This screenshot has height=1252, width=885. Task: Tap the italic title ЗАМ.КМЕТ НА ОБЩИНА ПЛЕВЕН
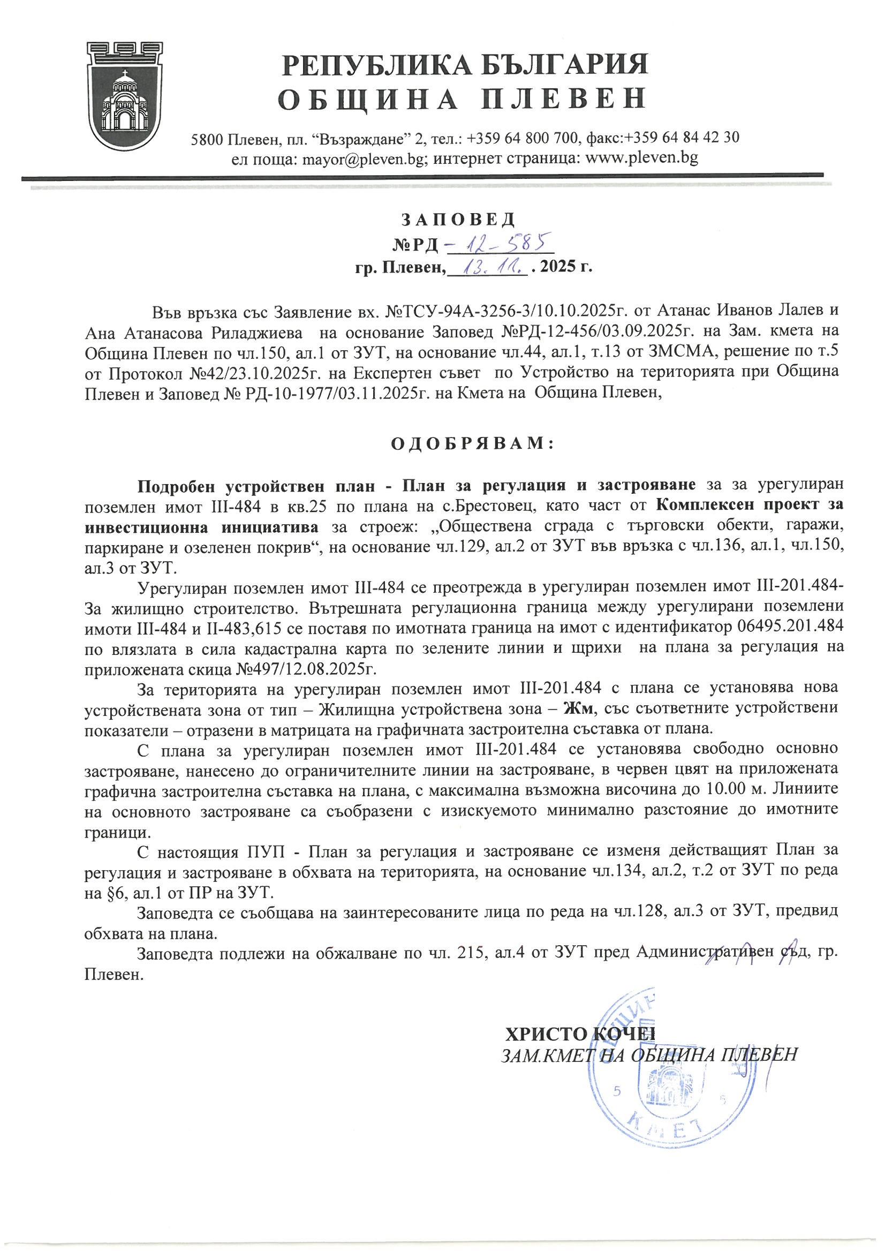649,1055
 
